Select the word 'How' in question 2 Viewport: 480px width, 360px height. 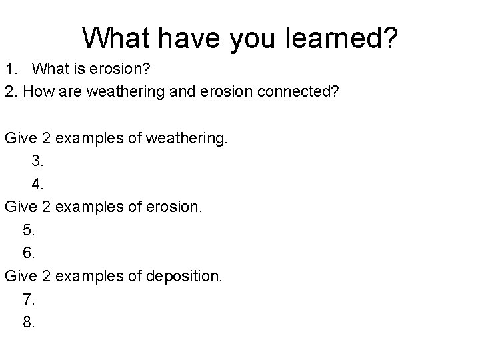(37, 91)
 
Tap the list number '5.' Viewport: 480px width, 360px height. (29, 230)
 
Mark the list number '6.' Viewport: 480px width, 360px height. (29, 253)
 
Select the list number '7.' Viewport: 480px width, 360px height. (29, 299)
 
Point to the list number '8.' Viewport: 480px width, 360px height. (29, 322)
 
